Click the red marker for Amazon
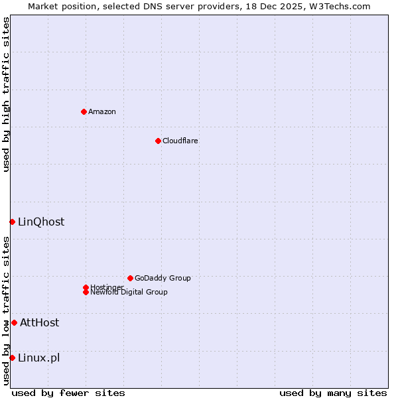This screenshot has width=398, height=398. tap(84, 111)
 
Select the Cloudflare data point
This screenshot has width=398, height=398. tap(158, 141)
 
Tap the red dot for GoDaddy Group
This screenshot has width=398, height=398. tap(130, 278)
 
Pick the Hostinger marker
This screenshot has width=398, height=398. tap(86, 287)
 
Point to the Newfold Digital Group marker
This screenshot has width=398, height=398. tap(86, 292)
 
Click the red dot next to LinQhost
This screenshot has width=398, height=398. tap(12, 222)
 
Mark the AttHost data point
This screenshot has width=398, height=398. tap(14, 322)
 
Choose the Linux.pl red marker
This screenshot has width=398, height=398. tap(12, 358)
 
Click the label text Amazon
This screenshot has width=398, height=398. tap(101, 111)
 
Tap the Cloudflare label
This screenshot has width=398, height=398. tap(180, 141)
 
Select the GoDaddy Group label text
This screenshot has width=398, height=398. tap(163, 278)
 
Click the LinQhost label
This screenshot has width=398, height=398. tap(41, 222)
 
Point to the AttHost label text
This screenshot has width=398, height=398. tap(39, 322)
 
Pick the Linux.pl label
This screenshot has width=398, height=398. tap(38, 358)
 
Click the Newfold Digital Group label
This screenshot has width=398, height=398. tap(129, 293)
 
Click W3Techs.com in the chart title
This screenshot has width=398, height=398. tap(338, 6)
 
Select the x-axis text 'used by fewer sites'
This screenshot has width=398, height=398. tap(68, 393)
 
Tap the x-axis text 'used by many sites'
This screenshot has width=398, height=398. tap(333, 393)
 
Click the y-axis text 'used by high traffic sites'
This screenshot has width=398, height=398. tap(6, 94)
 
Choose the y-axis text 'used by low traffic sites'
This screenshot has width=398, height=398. tap(6, 310)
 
